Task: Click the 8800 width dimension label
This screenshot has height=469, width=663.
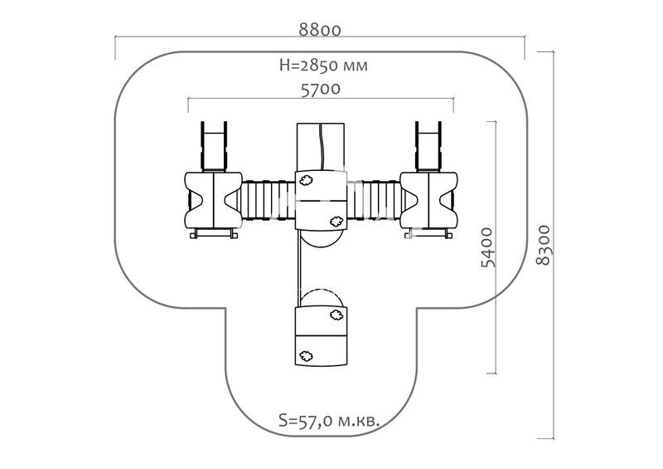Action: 320,31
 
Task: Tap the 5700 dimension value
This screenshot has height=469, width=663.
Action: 321,90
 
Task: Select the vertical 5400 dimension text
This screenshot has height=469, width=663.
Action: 487,247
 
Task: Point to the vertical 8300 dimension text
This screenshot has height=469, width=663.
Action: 544,245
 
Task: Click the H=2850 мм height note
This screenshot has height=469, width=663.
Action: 323,66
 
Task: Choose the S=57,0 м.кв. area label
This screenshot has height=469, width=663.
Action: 329,421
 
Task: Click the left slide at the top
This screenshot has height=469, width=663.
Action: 214,146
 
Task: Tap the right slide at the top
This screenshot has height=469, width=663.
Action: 428,146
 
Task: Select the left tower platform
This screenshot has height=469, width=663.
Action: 213,199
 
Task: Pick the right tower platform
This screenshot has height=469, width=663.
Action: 428,199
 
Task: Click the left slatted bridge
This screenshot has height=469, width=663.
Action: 269,200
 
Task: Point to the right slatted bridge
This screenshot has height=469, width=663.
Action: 374,200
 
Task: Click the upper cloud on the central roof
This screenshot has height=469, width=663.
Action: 306,181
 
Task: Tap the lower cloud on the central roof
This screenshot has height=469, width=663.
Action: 336,221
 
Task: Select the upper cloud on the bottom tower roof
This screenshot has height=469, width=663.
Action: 336,315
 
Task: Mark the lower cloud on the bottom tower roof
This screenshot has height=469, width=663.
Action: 306,356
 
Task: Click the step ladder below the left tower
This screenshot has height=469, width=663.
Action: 214,233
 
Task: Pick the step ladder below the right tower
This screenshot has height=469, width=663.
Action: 428,233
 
